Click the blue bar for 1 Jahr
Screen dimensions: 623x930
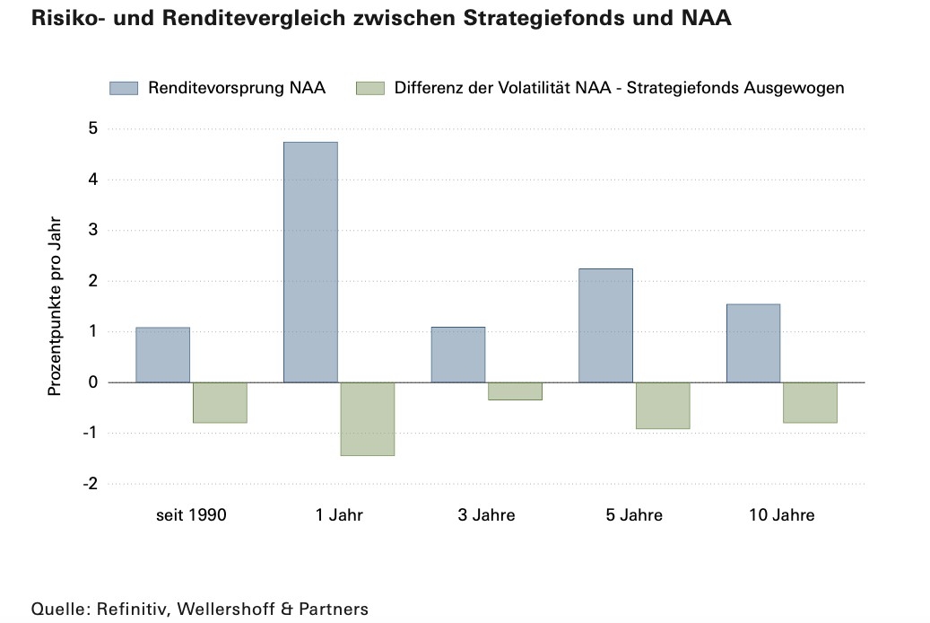pyautogui.click(x=310, y=262)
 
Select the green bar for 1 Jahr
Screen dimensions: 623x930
pyautogui.click(x=368, y=418)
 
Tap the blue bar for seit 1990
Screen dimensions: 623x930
pyautogui.click(x=162, y=355)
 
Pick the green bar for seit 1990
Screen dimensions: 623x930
pyautogui.click(x=220, y=402)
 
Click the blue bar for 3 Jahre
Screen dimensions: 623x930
pyautogui.click(x=458, y=355)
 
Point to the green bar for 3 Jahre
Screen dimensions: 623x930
pyautogui.click(x=516, y=390)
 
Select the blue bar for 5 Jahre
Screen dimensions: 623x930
pyautogui.click(x=605, y=325)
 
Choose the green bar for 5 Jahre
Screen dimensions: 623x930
pyautogui.click(x=663, y=406)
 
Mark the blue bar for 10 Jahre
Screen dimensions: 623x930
pyautogui.click(x=753, y=343)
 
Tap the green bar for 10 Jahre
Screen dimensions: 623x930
pyautogui.click(x=810, y=402)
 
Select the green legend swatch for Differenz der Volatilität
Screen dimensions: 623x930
pyautogui.click(x=369, y=88)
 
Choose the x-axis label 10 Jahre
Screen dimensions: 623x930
pyautogui.click(x=781, y=515)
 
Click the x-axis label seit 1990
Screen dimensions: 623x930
pyautogui.click(x=191, y=515)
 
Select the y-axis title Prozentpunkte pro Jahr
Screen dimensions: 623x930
pyautogui.click(x=55, y=306)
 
